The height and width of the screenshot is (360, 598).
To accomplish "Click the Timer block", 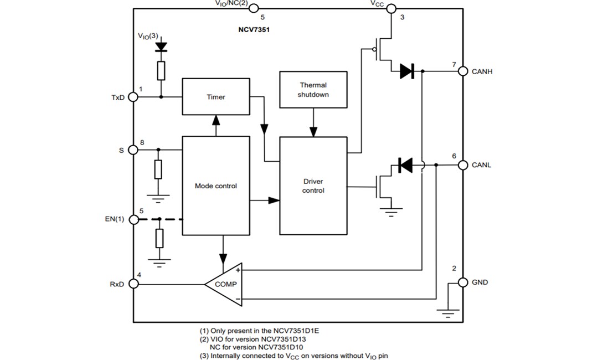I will tap(216, 97).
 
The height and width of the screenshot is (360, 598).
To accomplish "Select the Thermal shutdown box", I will tap(313, 90).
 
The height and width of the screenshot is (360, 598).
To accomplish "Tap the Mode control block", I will tap(216, 186).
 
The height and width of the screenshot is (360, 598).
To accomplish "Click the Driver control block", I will tap(313, 186).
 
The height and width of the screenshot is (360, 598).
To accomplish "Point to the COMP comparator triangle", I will tap(224, 284).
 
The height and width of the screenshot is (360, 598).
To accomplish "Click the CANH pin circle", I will tap(463, 71).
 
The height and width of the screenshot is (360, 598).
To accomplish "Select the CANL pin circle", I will tap(463, 165).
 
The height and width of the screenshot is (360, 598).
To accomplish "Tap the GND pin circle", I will tap(463, 282).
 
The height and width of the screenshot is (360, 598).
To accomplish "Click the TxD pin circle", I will tap(133, 97).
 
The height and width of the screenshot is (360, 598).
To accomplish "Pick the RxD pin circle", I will tap(133, 284).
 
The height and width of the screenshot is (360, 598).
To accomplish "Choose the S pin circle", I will tap(133, 150).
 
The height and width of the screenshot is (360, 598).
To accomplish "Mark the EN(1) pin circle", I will tap(133, 219).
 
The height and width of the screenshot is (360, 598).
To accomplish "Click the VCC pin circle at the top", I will tap(391, 8).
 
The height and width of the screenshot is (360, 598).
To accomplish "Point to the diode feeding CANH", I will tap(407, 71).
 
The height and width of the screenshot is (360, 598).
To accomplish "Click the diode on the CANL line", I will tap(405, 165).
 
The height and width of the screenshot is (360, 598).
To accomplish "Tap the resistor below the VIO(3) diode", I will tap(161, 70).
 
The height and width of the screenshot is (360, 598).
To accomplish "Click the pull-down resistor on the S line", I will tap(159, 169).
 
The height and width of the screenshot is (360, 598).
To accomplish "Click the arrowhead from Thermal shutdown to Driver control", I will tap(313, 131).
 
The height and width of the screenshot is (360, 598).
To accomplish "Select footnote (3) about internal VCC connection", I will tap(293, 356).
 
